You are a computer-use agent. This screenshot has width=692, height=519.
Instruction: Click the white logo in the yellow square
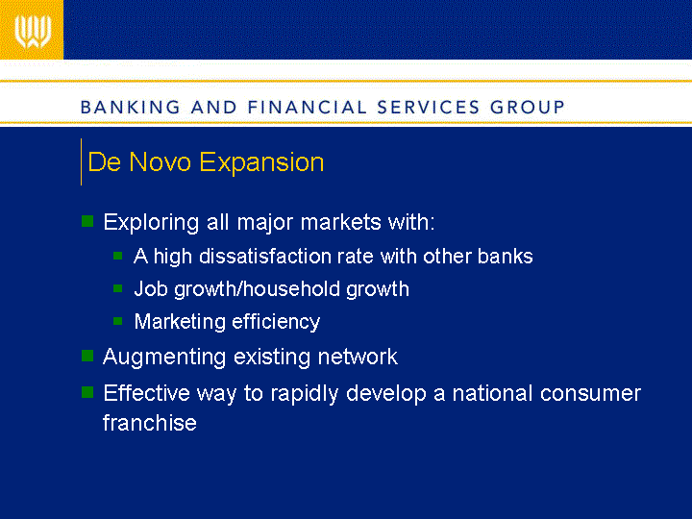pyautogui.click(x=33, y=32)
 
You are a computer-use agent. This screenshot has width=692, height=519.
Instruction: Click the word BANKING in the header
pyautogui.click(x=131, y=108)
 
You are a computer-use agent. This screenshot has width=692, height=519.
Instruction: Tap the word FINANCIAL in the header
pyautogui.click(x=308, y=108)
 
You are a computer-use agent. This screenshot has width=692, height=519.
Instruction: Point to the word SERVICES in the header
pyautogui.click(x=428, y=108)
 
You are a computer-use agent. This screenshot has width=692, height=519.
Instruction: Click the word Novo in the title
pyautogui.click(x=161, y=162)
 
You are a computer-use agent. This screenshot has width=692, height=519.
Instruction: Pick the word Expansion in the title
pyautogui.click(x=261, y=163)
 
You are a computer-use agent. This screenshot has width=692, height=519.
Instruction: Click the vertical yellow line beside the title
pyautogui.click(x=81, y=161)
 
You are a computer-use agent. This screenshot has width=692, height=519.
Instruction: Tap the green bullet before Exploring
pyautogui.click(x=87, y=221)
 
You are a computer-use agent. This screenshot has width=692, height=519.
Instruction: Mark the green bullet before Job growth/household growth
pyautogui.click(x=117, y=288)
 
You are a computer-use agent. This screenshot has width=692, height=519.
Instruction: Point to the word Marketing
pyautogui.click(x=180, y=322)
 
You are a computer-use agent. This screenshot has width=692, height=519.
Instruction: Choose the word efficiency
pyautogui.click(x=276, y=322)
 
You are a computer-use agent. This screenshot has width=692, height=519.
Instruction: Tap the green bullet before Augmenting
pyautogui.click(x=87, y=356)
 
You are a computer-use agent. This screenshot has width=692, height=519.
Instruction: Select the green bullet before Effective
pyautogui.click(x=87, y=392)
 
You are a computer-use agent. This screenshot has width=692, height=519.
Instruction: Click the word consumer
pyautogui.click(x=590, y=394)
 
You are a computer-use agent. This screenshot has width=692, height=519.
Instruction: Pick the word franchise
pyautogui.click(x=150, y=422)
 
